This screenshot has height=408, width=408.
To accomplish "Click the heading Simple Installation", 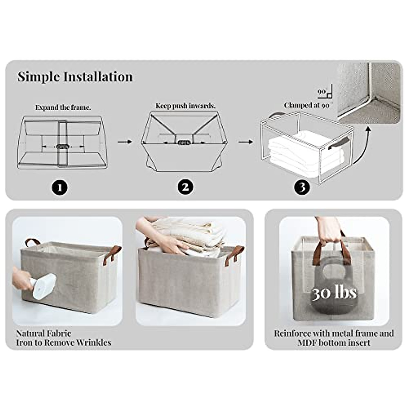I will coord(75,77).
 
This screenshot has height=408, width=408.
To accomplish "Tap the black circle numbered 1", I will coord(60,187).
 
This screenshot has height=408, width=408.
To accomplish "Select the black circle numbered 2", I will coord(186,187).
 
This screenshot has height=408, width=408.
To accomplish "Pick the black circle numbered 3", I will coord(302,187).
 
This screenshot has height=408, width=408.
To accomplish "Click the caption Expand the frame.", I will coord(63,107).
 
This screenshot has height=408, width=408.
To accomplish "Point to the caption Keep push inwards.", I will coord(185,106).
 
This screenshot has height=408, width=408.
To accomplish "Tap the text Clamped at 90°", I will coord(307,105).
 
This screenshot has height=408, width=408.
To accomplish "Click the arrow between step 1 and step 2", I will coord(124,141).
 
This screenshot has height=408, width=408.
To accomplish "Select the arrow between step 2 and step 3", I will coord(245,141).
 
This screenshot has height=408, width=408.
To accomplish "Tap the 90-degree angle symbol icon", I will coord(326,92).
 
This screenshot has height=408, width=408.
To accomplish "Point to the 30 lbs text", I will coord(335,292).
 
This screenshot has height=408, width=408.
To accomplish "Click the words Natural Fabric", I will coord(44,333).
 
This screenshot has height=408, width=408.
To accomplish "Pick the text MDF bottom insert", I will coord(334,343).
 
